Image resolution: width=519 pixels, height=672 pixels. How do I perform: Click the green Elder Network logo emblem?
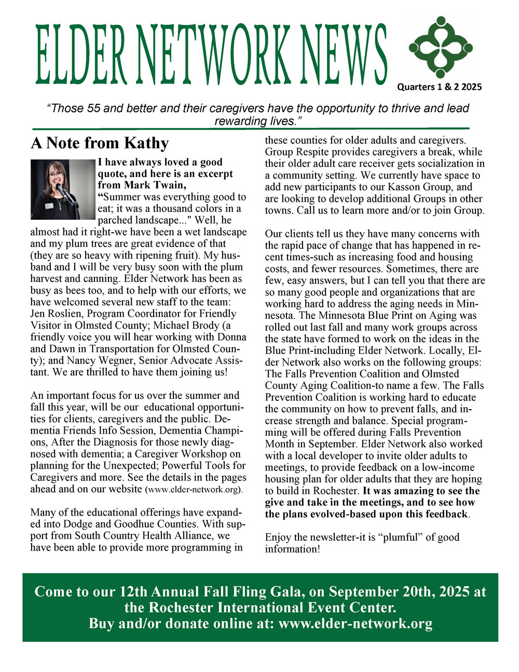tap(441, 47)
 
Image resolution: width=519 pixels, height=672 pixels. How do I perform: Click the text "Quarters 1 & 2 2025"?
tap(439, 87)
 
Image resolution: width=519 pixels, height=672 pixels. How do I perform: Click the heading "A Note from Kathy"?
tap(100, 143)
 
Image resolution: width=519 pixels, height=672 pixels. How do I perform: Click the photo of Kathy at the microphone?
tap(63, 189)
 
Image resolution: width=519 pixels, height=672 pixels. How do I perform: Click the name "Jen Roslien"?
tap(56, 314)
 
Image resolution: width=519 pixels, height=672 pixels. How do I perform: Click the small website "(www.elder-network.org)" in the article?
tap(194, 490)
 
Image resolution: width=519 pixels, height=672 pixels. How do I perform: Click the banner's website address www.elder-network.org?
tap(356, 624)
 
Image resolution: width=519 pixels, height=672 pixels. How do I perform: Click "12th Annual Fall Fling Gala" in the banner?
tap(212, 592)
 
